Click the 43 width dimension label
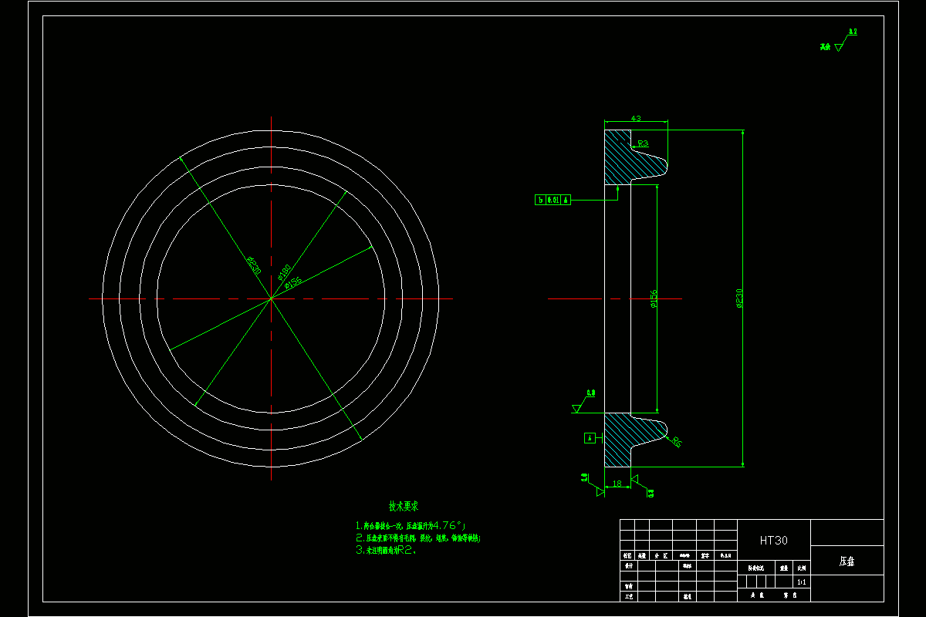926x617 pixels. pos(636,119)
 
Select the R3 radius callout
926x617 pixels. pos(642,143)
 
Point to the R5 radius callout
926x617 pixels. pos(676,442)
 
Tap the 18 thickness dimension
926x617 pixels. pos(616,484)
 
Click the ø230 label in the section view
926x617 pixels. pos(739,298)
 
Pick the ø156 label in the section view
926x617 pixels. pos(654,299)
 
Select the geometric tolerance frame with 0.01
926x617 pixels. pos(553,201)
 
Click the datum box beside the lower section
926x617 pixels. pos(590,438)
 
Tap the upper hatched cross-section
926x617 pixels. pos(617,158)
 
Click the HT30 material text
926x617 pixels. pos(773,541)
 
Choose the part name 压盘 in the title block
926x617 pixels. pos(847,561)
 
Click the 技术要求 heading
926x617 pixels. pos(403,507)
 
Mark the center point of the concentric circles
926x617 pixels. pos(271,298)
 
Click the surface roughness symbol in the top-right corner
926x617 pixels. pos(838,45)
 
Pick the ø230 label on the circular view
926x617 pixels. pos(253,265)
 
